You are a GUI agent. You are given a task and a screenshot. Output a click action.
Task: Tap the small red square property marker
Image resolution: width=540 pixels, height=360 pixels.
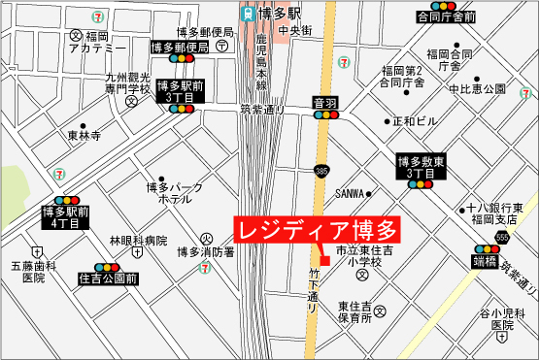click(x=325, y=260)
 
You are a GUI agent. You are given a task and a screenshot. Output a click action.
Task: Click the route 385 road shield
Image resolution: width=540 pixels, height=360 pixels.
click(x=320, y=172)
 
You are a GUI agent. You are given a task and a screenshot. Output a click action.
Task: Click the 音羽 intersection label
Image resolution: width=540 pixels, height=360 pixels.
click(x=325, y=102)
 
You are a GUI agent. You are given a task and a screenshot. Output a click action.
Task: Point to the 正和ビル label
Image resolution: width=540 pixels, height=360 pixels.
click(x=415, y=122)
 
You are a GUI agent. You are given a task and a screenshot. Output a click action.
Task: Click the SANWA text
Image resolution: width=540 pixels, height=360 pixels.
click(x=350, y=192)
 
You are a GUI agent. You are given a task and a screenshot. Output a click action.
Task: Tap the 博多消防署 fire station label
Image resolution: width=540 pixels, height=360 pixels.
click(x=205, y=253)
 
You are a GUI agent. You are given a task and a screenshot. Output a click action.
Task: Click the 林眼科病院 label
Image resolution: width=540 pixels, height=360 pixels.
click(x=138, y=240)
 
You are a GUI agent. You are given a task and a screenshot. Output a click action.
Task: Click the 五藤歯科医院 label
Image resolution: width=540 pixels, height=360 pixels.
click(x=28, y=271)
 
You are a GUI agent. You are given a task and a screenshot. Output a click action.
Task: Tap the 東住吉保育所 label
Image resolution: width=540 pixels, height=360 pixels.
click(x=355, y=311)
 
